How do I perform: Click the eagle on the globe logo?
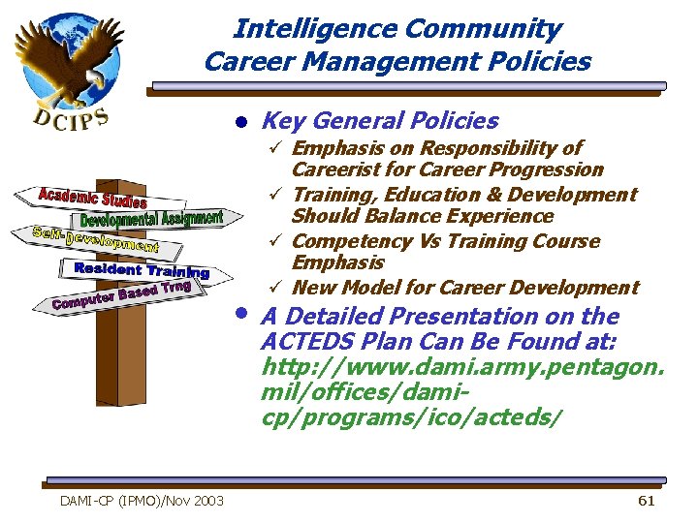pos(68,58)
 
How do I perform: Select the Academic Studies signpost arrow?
pos(92,198)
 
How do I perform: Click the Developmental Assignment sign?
pos(150,221)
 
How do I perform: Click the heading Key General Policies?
pos(380,121)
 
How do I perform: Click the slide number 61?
pos(647,500)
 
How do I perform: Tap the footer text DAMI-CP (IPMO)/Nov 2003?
pos(142,500)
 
